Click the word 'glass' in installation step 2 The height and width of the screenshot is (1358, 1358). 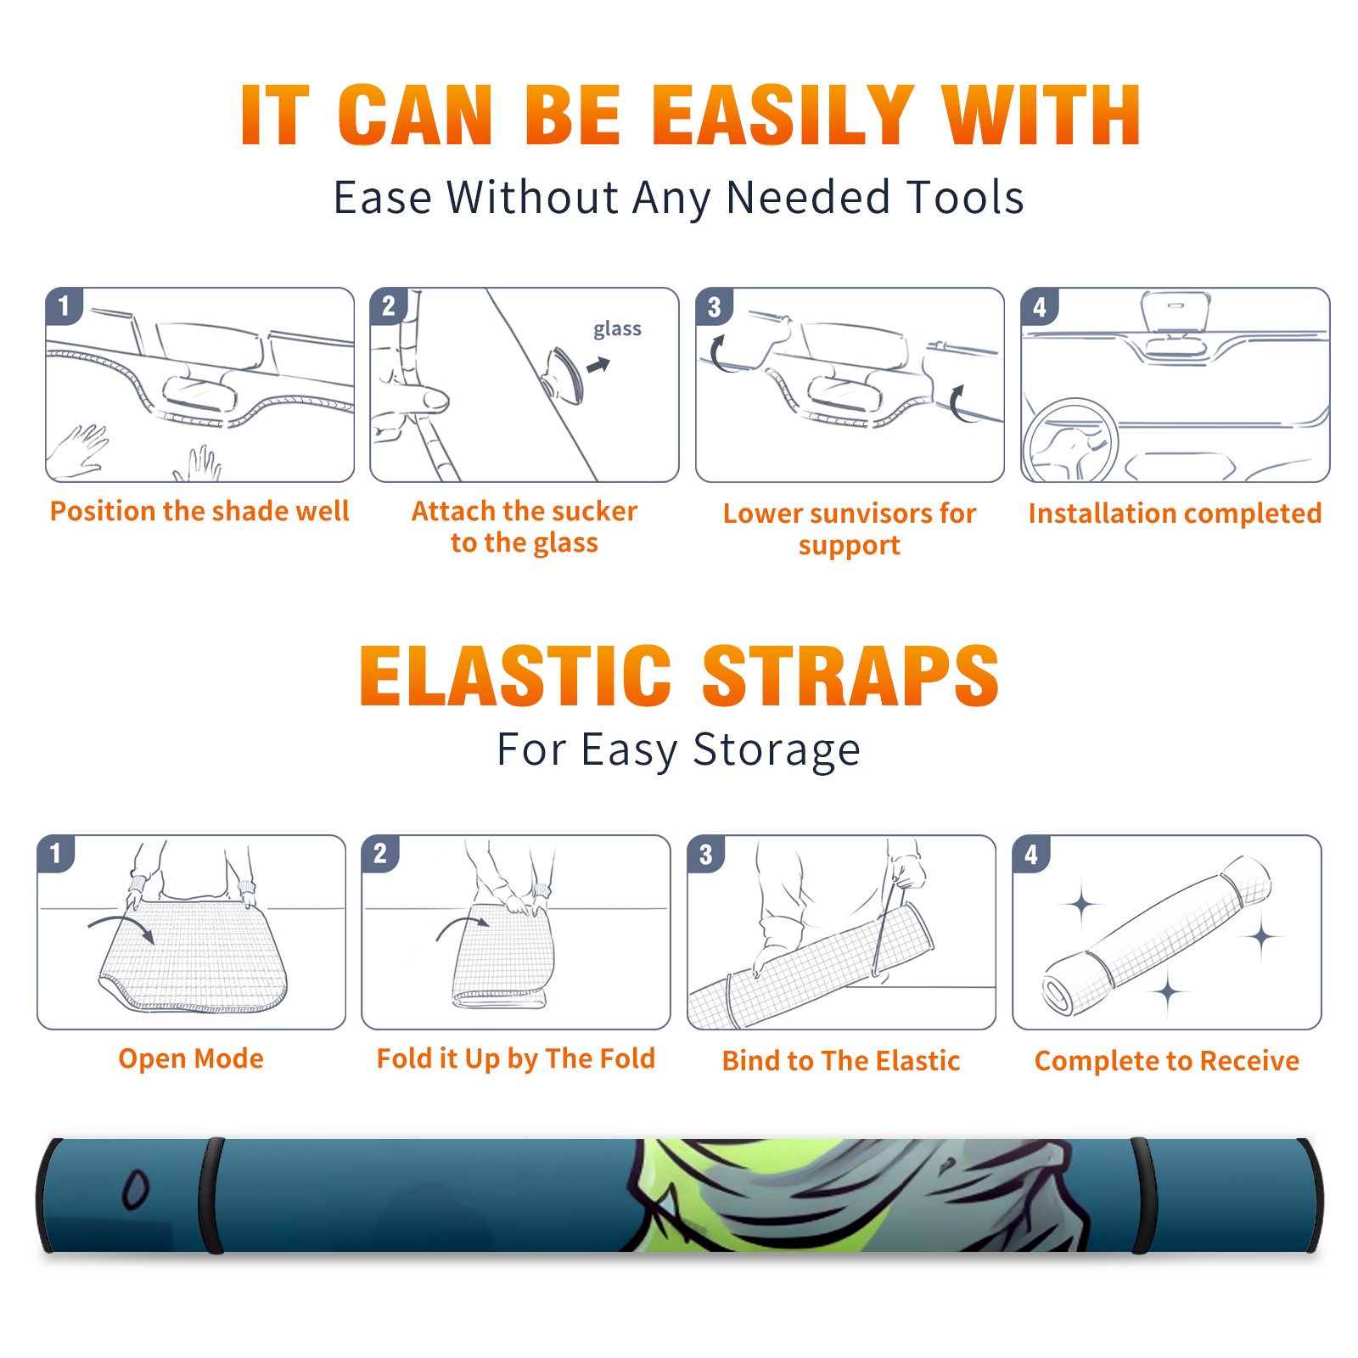[x=617, y=329]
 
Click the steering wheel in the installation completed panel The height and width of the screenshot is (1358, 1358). [x=1070, y=441]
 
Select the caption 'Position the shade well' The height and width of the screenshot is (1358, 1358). [x=199, y=511]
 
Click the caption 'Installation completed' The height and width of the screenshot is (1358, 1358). [x=1175, y=513]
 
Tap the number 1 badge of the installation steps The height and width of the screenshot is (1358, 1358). [x=64, y=306]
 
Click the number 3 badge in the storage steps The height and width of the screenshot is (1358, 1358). [x=705, y=854]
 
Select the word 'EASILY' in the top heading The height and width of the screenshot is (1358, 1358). [x=783, y=115]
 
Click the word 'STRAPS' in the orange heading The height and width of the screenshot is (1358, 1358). [x=850, y=676]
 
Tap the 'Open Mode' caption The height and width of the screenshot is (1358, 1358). [x=191, y=1058]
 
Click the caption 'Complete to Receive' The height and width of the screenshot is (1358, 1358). [x=1166, y=1061]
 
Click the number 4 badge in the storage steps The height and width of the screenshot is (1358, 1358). [x=1031, y=854]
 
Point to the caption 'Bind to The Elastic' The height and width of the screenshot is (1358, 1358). [x=840, y=1061]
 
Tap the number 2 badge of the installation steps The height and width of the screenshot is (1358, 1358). [x=389, y=306]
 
